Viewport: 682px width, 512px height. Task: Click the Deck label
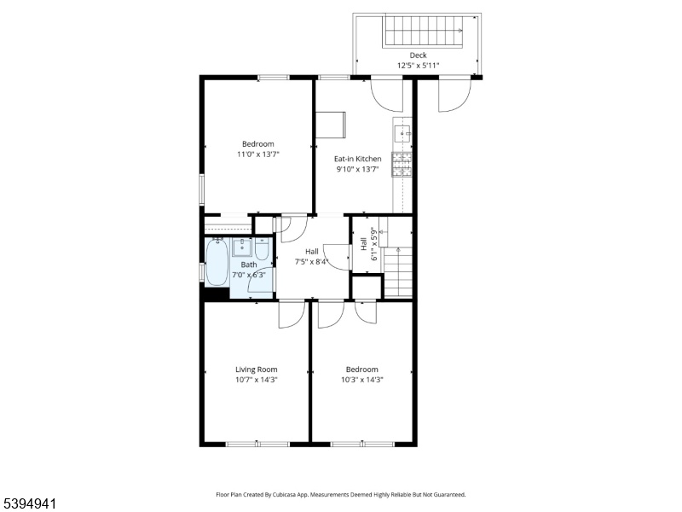418,55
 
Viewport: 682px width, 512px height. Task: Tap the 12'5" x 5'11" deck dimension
418,66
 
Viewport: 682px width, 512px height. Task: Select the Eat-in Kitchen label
357,159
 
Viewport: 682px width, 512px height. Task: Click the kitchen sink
402,133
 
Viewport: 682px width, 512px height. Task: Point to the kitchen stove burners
402,165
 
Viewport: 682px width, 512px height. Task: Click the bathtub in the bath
217,263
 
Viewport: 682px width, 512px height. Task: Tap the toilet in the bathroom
262,248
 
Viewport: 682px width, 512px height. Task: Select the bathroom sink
242,247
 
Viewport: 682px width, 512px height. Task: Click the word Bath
249,265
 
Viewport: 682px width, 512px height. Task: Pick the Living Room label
257,369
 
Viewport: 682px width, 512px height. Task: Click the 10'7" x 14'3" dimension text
257,380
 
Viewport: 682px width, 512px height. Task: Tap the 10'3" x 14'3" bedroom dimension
361,380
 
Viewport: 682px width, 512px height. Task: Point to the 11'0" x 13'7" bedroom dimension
258,154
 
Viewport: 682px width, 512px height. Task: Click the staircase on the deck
424,31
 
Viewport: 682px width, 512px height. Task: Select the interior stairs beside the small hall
398,272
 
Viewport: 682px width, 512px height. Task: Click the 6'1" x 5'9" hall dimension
373,244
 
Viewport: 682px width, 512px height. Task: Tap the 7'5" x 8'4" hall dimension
311,262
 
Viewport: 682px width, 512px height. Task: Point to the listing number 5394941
28,504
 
